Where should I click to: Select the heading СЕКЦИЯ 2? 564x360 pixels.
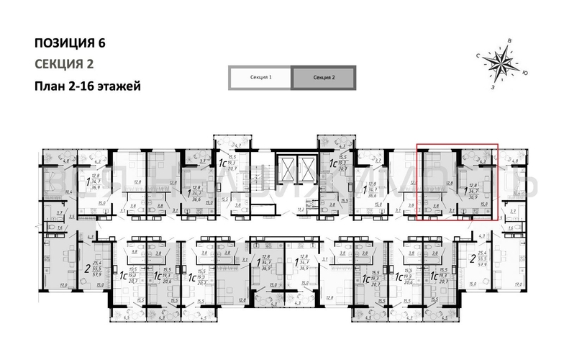(x=64, y=63)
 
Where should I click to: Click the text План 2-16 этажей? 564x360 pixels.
(x=86, y=86)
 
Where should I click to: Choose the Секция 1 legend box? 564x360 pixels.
(x=260, y=77)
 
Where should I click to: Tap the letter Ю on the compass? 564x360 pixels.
(x=527, y=73)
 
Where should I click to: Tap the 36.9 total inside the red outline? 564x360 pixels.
(x=473, y=196)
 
